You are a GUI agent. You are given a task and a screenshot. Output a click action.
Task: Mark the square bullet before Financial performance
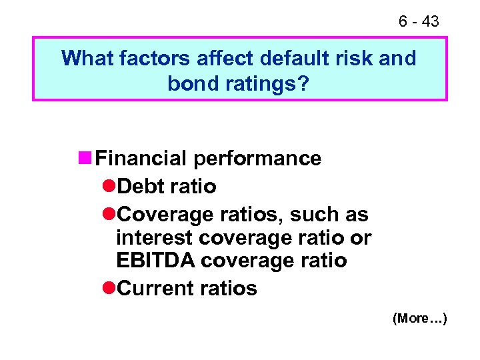85,159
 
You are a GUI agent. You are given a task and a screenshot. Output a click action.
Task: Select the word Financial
141,159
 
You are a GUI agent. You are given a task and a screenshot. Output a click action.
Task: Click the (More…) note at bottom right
420,319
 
